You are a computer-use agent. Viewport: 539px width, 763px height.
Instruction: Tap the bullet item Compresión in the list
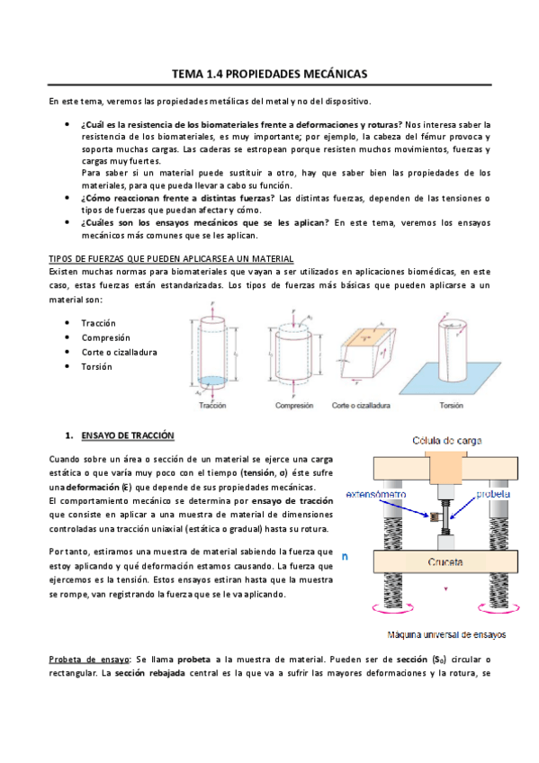pyautogui.click(x=105, y=337)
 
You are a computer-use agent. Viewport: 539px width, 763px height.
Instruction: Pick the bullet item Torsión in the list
pyautogui.click(x=96, y=367)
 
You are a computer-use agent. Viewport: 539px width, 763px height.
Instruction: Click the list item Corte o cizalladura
pyautogui.click(x=120, y=353)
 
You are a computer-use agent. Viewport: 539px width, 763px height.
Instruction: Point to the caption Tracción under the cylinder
pyautogui.click(x=213, y=406)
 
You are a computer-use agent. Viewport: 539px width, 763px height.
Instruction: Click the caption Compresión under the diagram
pyautogui.click(x=292, y=406)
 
